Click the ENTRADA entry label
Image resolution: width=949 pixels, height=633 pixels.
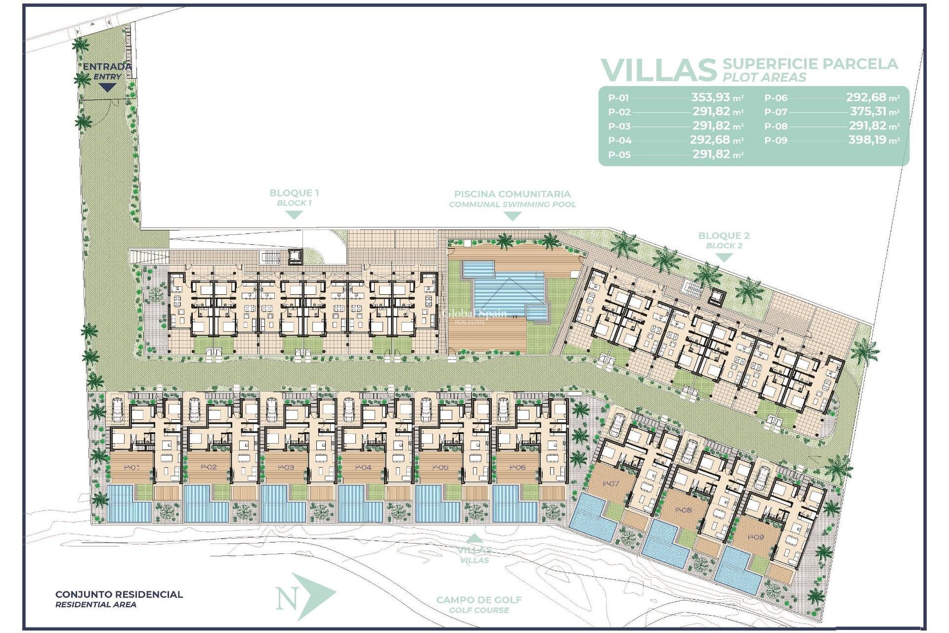click(107, 66)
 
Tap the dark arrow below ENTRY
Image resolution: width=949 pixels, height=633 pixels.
click(107, 88)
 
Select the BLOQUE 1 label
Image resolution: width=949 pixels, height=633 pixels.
click(294, 193)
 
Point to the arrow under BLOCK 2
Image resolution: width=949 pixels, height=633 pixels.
click(724, 257)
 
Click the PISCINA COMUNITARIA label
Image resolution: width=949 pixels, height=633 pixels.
click(512, 194)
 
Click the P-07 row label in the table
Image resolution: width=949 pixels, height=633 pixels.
click(776, 112)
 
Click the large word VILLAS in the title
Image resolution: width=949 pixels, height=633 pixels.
click(658, 70)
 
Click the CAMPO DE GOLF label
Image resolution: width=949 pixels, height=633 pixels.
click(478, 600)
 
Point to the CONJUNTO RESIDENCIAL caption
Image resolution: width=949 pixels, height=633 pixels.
click(119, 594)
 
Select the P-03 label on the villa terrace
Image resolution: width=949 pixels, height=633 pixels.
click(286, 467)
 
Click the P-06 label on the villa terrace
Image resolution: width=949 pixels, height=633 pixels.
click(517, 467)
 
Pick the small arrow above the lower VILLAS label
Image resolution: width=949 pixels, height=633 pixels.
click(474, 538)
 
